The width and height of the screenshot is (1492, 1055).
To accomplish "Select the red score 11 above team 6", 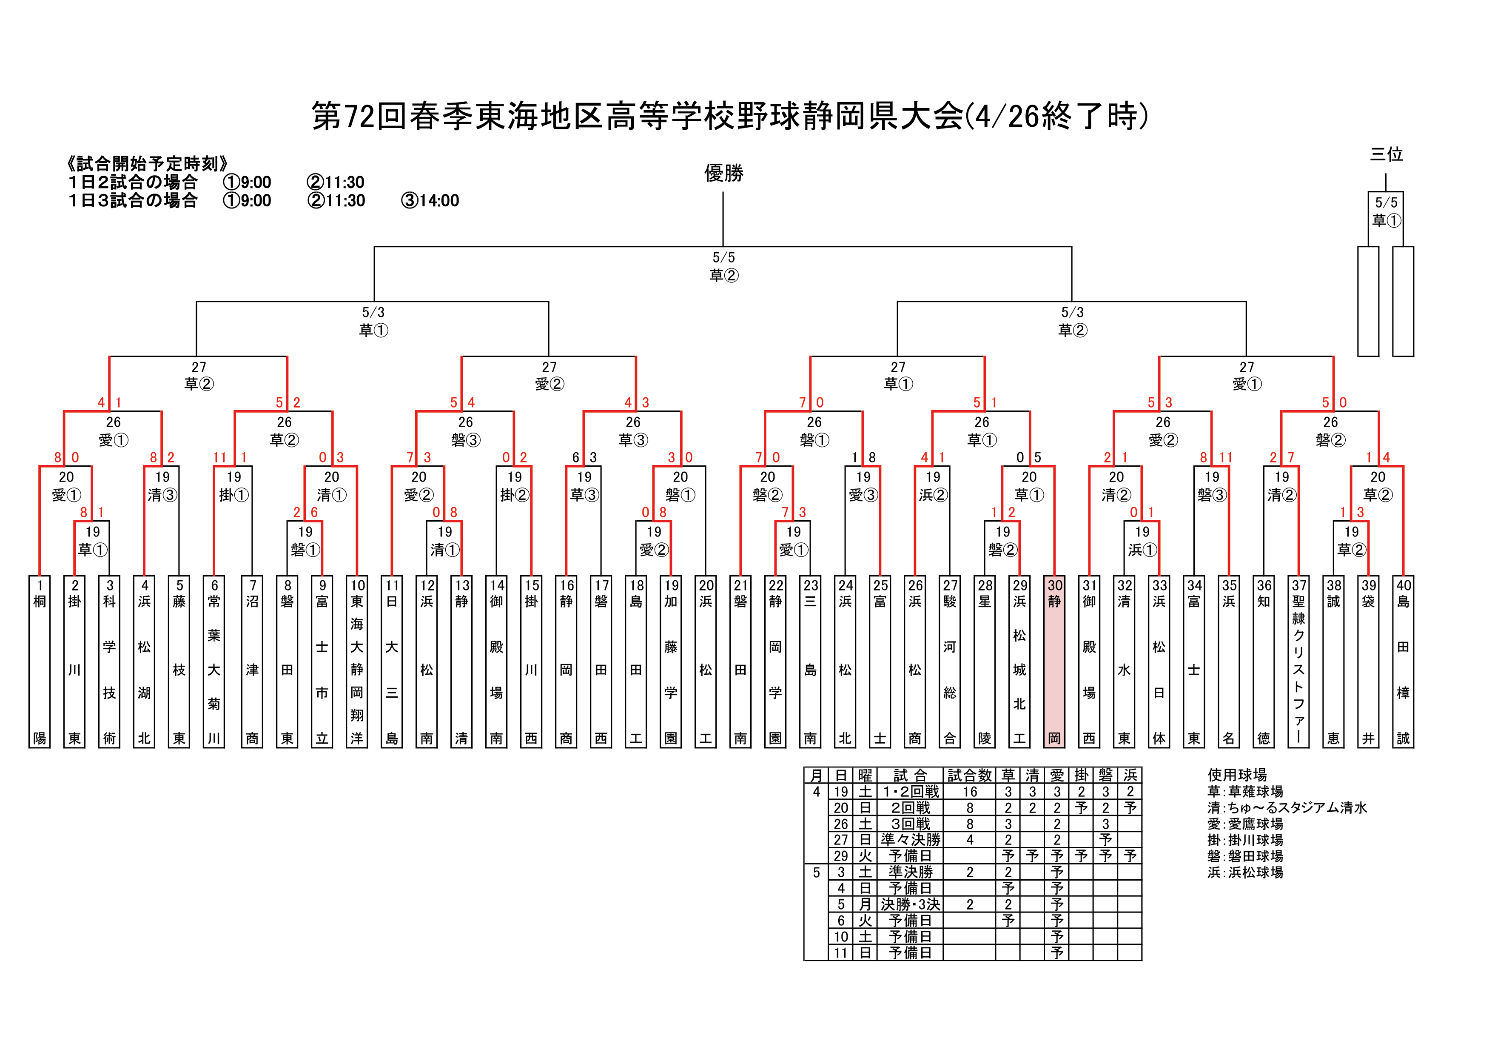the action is tap(219, 458).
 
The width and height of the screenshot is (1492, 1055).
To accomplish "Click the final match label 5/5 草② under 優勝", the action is tap(723, 266).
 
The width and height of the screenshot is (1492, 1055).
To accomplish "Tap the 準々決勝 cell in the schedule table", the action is tap(911, 840).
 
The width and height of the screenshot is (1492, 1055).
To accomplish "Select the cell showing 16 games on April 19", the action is tap(970, 791).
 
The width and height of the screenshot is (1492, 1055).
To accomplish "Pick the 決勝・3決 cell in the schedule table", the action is tap(911, 904).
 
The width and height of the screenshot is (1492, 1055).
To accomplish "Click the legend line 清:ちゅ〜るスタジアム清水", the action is tap(1287, 807).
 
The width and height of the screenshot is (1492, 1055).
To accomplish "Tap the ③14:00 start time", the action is tap(430, 200).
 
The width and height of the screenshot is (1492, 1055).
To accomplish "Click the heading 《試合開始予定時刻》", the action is tap(148, 163).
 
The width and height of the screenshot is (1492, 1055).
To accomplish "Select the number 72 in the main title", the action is tap(359, 117).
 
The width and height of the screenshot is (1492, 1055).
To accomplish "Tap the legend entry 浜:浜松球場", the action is tap(1245, 873).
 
